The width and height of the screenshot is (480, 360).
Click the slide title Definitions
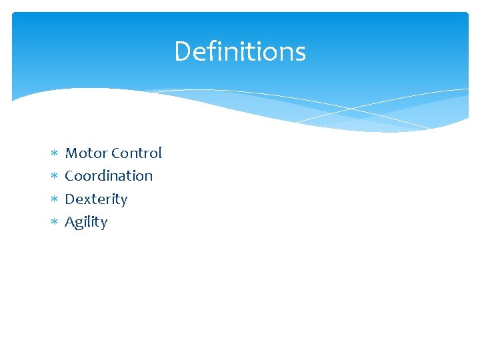[240, 51]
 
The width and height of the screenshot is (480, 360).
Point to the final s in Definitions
[301, 53]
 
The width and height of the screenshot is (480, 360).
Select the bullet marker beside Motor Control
[54, 154]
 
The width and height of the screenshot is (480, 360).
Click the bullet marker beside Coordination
[54, 177]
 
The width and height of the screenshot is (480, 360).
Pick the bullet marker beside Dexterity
[54, 199]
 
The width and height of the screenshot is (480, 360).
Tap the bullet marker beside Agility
[54, 222]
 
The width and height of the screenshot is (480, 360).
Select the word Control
[137, 153]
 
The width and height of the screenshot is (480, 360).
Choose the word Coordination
[109, 176]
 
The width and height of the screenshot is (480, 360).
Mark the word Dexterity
[96, 199]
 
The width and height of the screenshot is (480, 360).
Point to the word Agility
[86, 222]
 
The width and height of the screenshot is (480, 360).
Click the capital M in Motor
[71, 153]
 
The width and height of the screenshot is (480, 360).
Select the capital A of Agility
[69, 221]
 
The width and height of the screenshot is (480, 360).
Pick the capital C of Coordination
[69, 176]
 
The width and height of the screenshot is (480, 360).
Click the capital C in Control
[116, 153]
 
